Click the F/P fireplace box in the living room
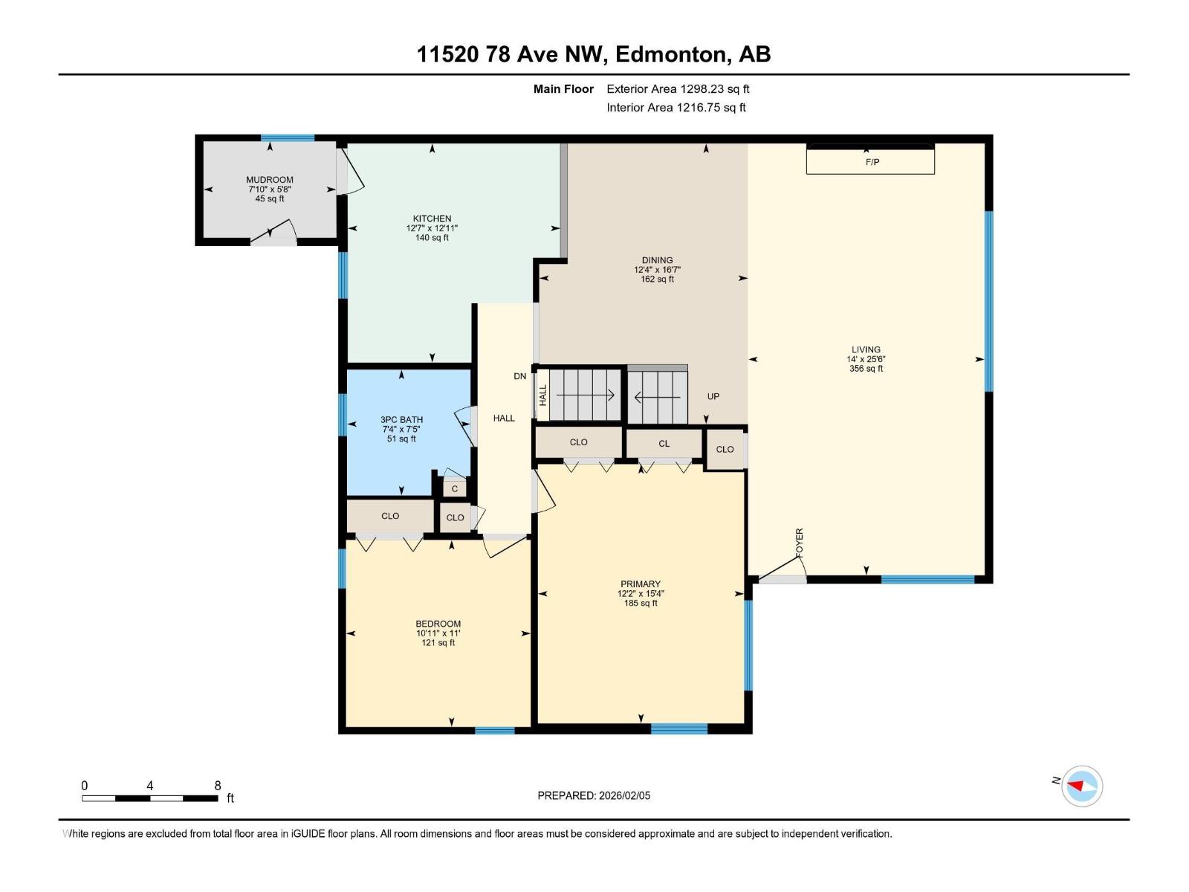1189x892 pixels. click(x=870, y=161)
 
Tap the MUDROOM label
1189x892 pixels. click(x=270, y=180)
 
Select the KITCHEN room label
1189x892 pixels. click(x=432, y=219)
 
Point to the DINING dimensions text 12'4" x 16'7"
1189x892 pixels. click(x=657, y=270)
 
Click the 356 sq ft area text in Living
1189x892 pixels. click(x=866, y=369)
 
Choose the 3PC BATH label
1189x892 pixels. click(x=401, y=420)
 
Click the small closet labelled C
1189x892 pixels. click(x=455, y=488)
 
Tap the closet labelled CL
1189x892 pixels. click(x=664, y=444)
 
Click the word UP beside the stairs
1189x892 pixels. click(x=713, y=396)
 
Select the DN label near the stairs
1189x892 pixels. click(x=519, y=376)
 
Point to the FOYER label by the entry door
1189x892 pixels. click(x=800, y=543)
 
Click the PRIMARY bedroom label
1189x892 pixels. click(x=640, y=584)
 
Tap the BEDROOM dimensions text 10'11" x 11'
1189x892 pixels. click(x=438, y=633)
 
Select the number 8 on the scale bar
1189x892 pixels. click(x=218, y=786)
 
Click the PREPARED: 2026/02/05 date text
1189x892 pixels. click(x=594, y=795)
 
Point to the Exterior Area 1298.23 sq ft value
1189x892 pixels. click(x=678, y=89)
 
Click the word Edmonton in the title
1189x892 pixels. click(x=671, y=54)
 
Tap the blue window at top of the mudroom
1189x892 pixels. click(x=287, y=138)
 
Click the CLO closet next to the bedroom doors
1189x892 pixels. click(x=390, y=516)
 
